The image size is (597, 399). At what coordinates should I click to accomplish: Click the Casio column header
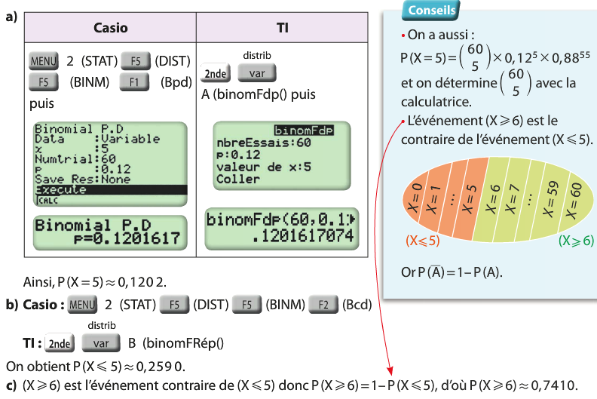pyautogui.click(x=110, y=28)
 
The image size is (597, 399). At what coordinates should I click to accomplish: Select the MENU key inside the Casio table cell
pyautogui.click(x=43, y=61)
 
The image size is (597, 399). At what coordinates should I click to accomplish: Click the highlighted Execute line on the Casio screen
pyautogui.click(x=106, y=190)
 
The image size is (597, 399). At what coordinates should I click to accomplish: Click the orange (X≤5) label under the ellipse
pyautogui.click(x=422, y=241)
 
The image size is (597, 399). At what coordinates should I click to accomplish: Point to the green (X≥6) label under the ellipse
pyautogui.click(x=576, y=241)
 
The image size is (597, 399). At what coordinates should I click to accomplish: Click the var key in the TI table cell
pyautogui.click(x=256, y=73)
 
